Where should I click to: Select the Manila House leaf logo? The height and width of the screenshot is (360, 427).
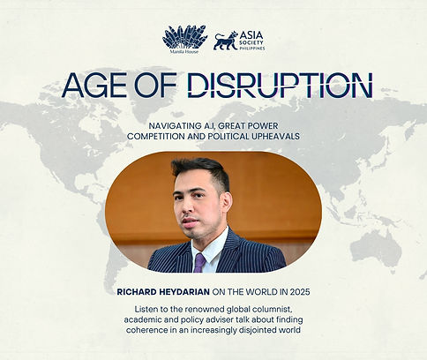click(x=185, y=37)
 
